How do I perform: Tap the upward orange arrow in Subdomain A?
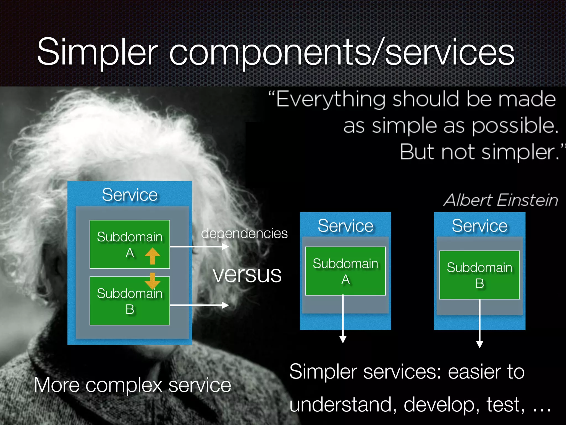click(x=152, y=256)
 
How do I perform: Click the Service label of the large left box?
click(x=130, y=195)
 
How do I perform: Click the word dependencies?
click(x=244, y=233)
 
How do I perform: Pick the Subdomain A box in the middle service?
click(x=345, y=271)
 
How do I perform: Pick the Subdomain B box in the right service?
click(x=479, y=275)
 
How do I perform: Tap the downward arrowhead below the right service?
click(x=479, y=344)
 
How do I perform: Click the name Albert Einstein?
click(x=501, y=200)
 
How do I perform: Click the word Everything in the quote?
click(x=331, y=99)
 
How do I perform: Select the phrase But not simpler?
click(x=479, y=152)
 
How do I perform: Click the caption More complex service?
click(x=132, y=385)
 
